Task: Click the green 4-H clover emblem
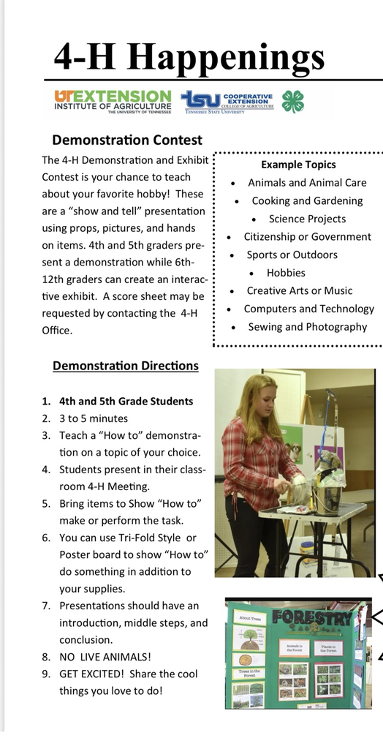tap(293, 101)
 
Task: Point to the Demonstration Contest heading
tap(127, 140)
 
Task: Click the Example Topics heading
tap(298, 165)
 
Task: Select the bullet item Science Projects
tap(307, 219)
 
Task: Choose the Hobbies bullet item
tap(286, 273)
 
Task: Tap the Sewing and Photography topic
tap(307, 327)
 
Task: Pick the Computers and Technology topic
tap(308, 309)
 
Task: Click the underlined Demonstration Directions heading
tap(125, 366)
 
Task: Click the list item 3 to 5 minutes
tap(94, 418)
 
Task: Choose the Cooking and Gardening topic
tap(307, 200)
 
